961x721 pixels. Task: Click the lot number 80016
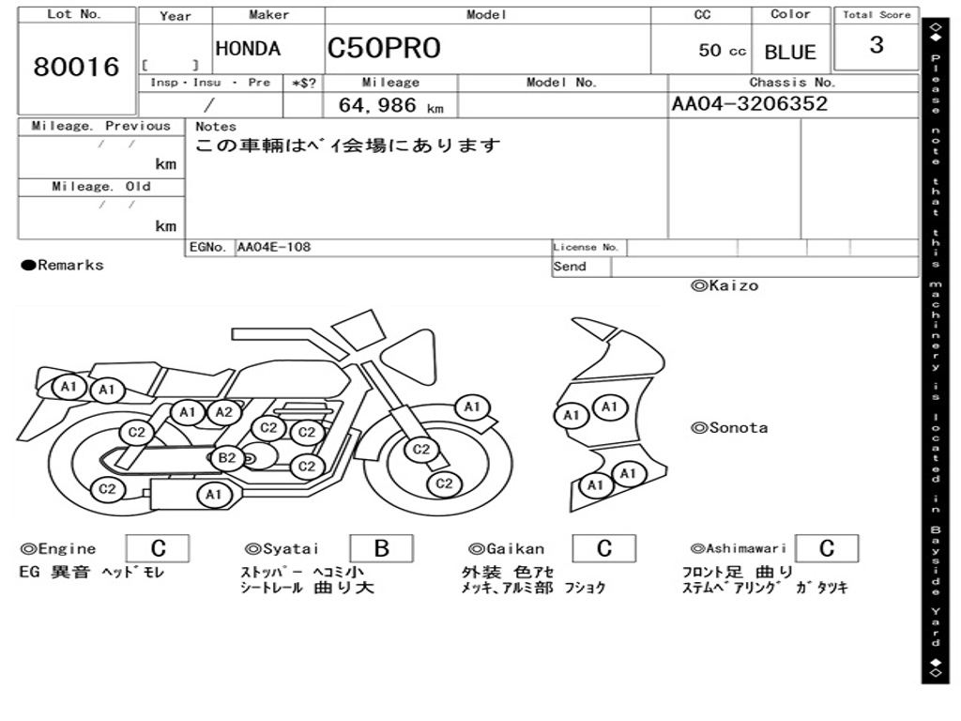point(76,68)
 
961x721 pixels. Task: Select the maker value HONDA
point(248,49)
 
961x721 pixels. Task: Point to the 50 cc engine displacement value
point(722,51)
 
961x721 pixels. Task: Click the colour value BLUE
point(790,53)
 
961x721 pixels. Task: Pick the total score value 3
point(876,45)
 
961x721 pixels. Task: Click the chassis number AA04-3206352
point(750,103)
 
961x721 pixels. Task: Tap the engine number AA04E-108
point(274,248)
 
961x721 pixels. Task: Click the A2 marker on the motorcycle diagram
point(223,412)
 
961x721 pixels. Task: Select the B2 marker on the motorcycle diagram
point(227,458)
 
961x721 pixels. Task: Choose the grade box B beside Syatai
point(381,549)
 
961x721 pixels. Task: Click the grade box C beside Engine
point(158,549)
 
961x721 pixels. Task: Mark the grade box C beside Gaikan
point(603,549)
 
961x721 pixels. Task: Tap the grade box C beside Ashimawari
point(826,549)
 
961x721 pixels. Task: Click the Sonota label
point(729,428)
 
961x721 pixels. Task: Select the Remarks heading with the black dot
point(63,266)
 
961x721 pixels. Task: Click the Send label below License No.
point(570,267)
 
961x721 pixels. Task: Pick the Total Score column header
point(877,15)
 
